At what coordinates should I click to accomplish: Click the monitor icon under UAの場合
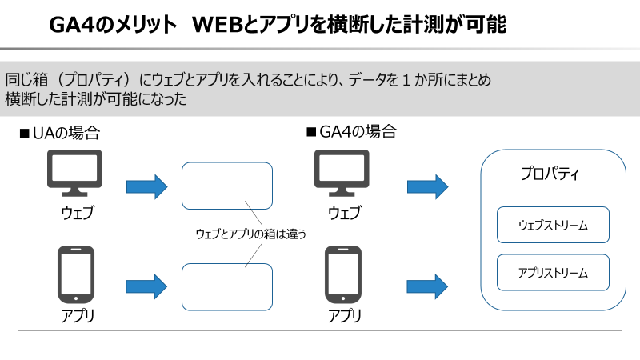tap(74, 174)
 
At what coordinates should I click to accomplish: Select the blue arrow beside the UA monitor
tap(146, 187)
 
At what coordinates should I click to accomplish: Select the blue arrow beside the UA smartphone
tap(146, 285)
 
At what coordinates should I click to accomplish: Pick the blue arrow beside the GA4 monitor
tap(427, 187)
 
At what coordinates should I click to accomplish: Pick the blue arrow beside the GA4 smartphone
tap(427, 285)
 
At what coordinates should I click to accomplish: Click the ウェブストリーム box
tap(554, 225)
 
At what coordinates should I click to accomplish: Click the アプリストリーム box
tap(554, 273)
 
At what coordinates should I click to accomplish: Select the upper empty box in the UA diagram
tap(227, 186)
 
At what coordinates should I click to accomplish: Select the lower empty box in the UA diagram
tap(227, 286)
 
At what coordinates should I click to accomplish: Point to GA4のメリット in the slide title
tap(113, 26)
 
